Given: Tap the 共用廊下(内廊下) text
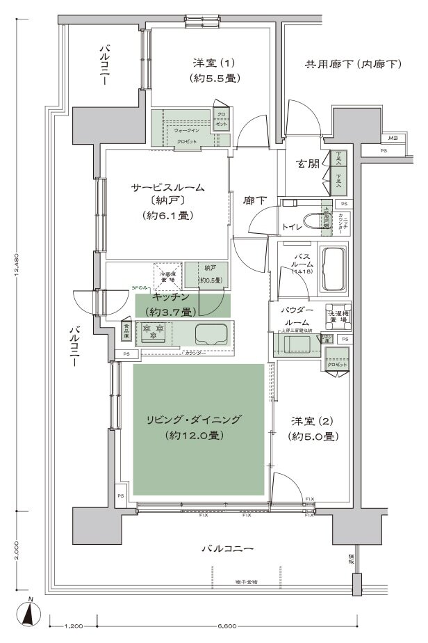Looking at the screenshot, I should (x=353, y=65).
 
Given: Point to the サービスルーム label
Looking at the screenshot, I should (x=168, y=187).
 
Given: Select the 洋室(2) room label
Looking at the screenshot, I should (x=313, y=422).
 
